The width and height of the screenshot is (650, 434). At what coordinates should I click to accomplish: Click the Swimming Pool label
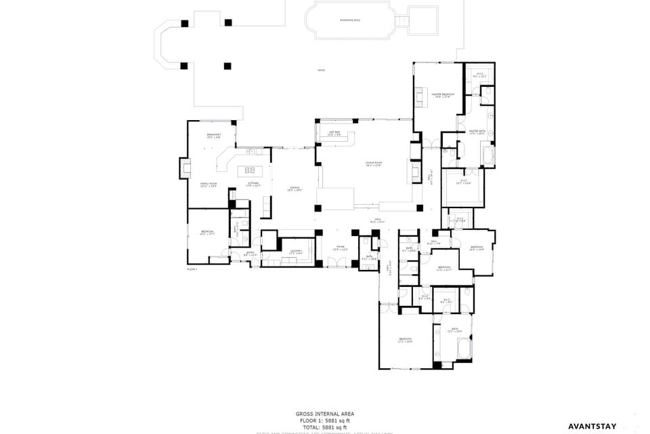350,20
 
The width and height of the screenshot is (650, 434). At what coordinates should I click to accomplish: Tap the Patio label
321,71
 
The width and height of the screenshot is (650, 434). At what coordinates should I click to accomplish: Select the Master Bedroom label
442,96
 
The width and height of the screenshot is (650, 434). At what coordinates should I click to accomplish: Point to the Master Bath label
477,132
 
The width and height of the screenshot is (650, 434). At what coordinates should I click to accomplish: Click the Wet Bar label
334,134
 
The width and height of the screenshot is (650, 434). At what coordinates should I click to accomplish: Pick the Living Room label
374,164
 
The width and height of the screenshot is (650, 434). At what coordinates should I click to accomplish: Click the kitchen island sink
249,170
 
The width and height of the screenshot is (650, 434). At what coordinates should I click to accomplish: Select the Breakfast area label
214,136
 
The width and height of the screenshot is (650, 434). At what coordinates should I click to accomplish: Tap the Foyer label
339,248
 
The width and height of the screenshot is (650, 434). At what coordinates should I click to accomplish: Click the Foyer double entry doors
340,267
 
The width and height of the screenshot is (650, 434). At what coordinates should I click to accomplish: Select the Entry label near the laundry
250,254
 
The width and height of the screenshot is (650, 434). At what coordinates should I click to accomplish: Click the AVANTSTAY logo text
591,427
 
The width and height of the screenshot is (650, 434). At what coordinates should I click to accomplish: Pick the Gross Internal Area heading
324,414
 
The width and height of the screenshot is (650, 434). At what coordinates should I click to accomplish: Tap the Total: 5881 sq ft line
324,427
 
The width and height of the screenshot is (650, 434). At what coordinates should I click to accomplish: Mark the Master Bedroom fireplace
418,100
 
